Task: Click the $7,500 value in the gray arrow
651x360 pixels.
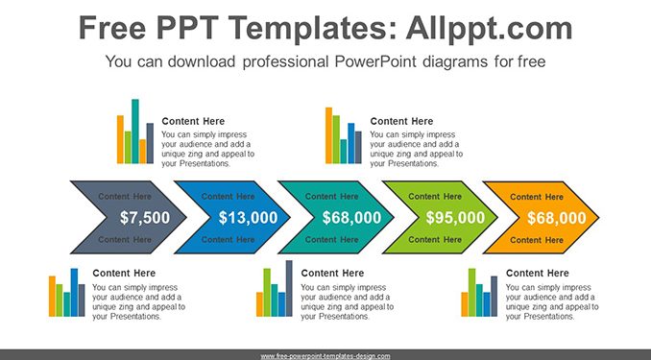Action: pos(145,218)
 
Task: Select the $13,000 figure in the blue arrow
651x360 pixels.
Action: pos(249,218)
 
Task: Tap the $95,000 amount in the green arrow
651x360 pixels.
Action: pos(455,218)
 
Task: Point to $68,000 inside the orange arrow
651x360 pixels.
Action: pos(557,218)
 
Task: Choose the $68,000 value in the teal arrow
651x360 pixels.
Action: pos(351,218)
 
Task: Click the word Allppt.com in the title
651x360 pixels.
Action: pos(489,28)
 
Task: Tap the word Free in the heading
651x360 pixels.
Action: pos(112,28)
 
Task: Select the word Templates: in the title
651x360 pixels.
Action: pos(312,28)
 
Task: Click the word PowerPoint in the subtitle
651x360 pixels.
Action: pos(375,61)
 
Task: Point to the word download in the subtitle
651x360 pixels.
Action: pos(202,61)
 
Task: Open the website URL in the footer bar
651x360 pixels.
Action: pos(325,356)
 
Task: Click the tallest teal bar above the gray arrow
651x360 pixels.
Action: pos(135,132)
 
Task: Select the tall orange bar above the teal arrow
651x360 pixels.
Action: pos(328,135)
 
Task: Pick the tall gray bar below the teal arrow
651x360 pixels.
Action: pos(289,289)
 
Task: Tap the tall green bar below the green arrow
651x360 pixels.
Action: pos(472,293)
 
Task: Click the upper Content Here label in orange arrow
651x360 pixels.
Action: pos(537,197)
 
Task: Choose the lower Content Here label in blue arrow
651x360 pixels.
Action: pos(228,240)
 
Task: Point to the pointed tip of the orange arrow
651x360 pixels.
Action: pos(598,218)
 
